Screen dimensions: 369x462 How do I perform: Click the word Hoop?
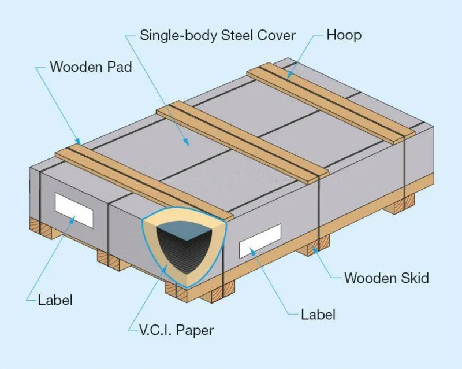point(344,35)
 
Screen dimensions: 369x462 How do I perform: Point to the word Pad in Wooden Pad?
point(120,67)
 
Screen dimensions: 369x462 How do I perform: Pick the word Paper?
point(195,331)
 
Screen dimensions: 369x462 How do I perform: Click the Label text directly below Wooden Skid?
point(318,315)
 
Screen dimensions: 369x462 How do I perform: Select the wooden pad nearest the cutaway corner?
point(144,179)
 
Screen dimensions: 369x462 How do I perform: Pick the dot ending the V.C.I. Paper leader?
point(166,267)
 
